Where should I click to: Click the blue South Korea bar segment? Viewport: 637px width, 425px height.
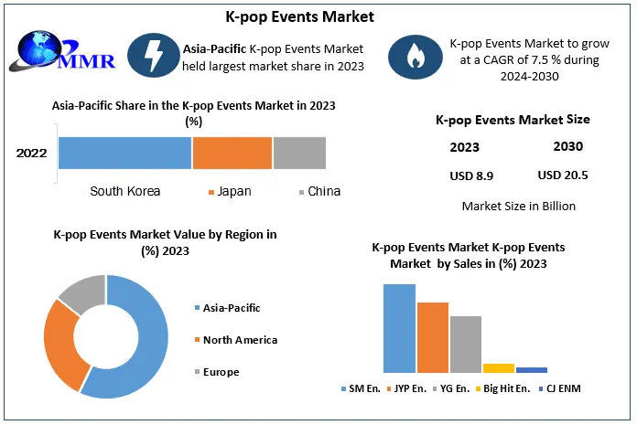pos(125,153)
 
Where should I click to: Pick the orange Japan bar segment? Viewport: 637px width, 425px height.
pos(232,153)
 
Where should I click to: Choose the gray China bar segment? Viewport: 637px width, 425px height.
pos(299,153)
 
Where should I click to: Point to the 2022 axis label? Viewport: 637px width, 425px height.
pos(32,153)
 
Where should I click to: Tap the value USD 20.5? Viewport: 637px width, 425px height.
pos(562,175)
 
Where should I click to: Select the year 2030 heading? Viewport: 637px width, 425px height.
pos(567,146)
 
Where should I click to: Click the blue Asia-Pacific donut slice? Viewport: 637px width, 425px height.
pos(146,347)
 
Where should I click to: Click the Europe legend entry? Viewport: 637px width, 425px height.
pos(221,372)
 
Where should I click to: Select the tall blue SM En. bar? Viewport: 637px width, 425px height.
pos(399,328)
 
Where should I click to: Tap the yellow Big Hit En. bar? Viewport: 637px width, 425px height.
pos(499,367)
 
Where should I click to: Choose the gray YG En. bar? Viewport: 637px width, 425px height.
pos(465,344)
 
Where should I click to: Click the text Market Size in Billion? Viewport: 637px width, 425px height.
pos(519,206)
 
